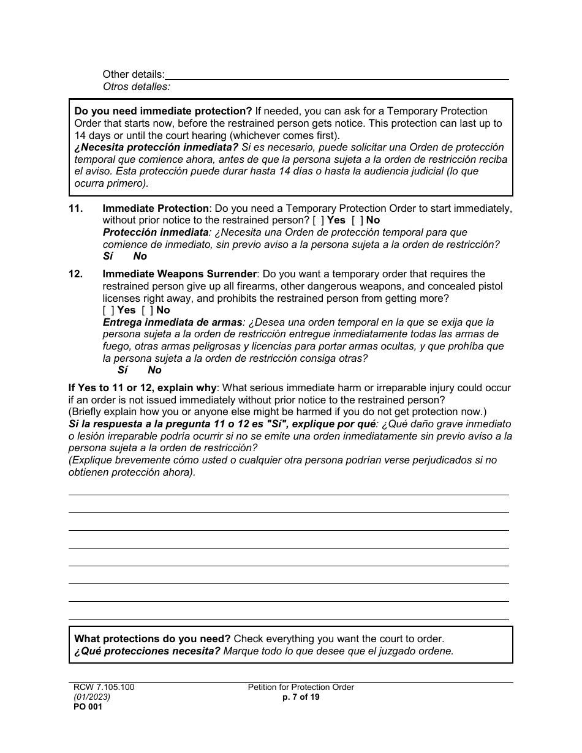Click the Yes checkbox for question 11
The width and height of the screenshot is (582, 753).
click(x=318, y=220)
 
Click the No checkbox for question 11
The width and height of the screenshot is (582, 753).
click(x=357, y=220)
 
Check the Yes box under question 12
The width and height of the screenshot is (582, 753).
click(x=108, y=310)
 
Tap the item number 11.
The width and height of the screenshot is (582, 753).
click(x=75, y=209)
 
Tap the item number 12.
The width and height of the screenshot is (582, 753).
click(x=75, y=274)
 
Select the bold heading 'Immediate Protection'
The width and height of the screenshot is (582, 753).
click(x=156, y=209)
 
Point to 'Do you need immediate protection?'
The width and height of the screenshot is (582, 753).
click(x=163, y=111)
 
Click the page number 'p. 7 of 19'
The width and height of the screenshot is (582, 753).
click(x=301, y=697)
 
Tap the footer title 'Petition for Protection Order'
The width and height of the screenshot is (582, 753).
click(x=301, y=687)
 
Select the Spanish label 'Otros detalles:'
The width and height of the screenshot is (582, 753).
click(x=136, y=87)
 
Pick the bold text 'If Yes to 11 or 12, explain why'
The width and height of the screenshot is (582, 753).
click(x=142, y=388)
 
